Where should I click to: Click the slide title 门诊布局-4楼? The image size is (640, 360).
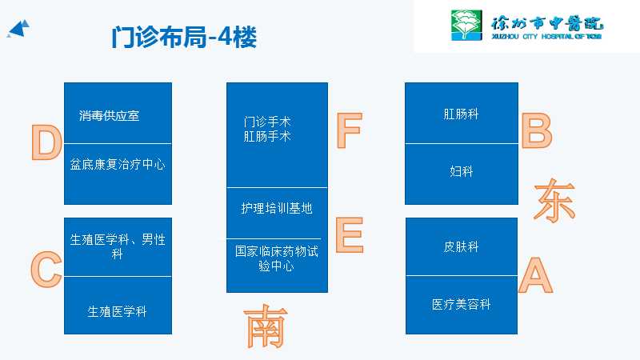[184, 38]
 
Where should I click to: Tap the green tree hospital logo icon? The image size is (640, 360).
[463, 24]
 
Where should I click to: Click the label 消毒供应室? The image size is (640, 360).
[110, 115]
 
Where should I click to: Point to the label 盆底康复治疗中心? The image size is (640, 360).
[118, 164]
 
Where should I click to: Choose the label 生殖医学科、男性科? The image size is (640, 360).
[118, 246]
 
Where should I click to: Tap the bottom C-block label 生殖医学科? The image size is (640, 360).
[118, 311]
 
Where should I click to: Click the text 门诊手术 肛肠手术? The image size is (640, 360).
[267, 129]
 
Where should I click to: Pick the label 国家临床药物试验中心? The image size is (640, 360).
[277, 258]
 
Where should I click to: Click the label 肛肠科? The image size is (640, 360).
[462, 114]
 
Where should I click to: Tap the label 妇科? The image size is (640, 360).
[462, 171]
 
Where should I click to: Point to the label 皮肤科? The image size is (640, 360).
[462, 246]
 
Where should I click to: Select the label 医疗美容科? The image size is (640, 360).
[462, 304]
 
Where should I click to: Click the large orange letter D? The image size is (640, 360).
[46, 143]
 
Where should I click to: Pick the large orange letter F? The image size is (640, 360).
[349, 131]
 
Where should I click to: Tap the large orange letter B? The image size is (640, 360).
[537, 131]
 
